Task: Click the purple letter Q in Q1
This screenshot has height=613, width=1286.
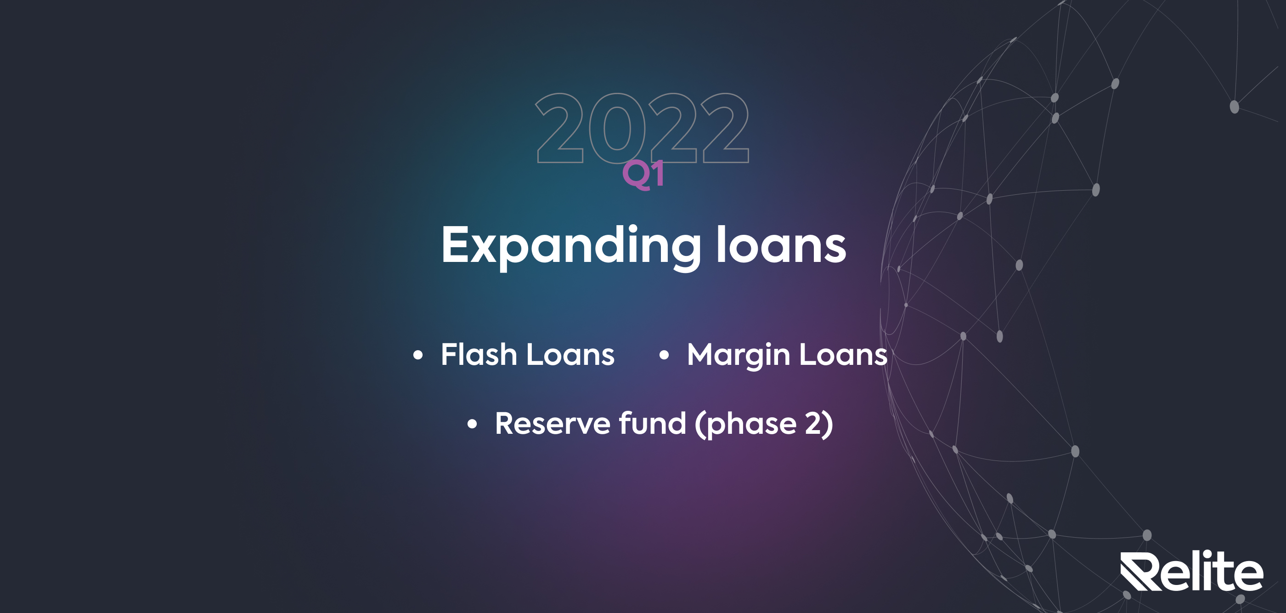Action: [637, 176]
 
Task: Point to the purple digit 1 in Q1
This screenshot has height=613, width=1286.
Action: [658, 173]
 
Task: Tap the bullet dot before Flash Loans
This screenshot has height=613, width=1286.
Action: [418, 355]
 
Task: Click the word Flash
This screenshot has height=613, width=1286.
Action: [479, 354]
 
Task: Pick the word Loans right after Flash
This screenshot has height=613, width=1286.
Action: [570, 354]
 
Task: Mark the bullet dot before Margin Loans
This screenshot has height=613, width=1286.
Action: [664, 355]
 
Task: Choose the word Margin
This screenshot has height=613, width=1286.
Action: [739, 356]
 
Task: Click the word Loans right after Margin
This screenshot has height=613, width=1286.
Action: [844, 354]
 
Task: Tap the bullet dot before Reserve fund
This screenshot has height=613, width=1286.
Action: [472, 425]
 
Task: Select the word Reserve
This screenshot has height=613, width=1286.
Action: [553, 424]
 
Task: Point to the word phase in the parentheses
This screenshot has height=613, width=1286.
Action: [752, 425]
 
